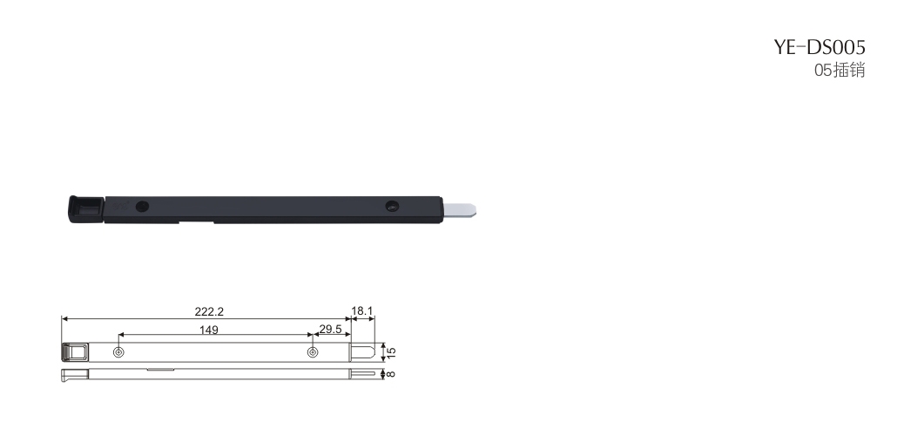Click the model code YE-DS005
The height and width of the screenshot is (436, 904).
820,47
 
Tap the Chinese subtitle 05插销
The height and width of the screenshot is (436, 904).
840,71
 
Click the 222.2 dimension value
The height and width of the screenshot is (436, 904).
209,311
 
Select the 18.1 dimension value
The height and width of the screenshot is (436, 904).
362,310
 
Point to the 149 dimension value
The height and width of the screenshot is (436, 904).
209,330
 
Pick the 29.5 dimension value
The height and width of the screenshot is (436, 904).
330,330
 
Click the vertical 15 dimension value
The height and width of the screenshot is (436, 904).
391,351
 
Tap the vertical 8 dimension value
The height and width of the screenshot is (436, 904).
391,373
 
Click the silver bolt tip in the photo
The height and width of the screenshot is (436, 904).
460,210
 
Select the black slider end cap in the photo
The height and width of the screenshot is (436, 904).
86,208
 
